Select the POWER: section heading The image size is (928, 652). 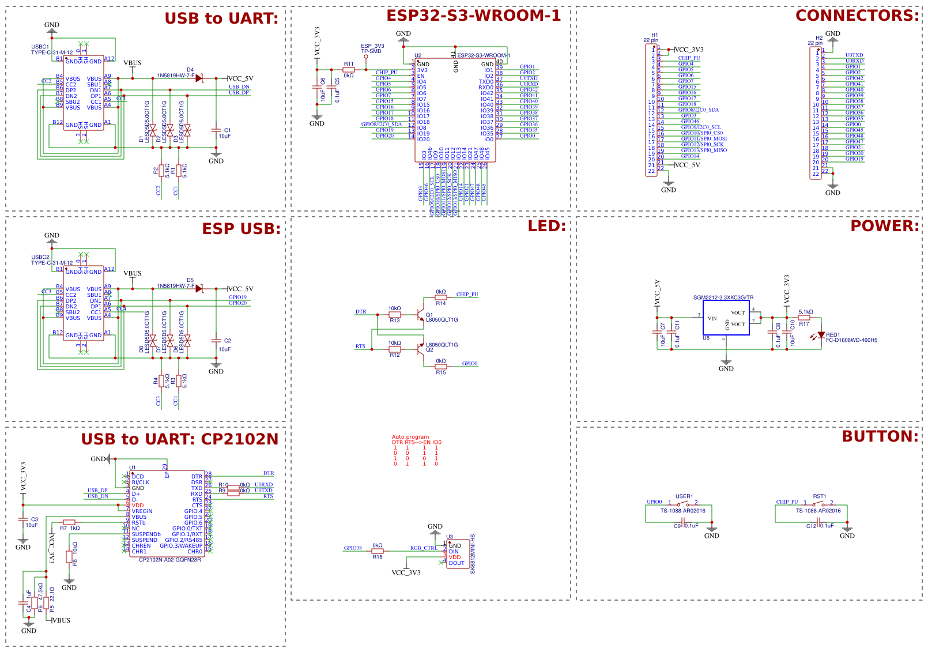pyautogui.click(x=884, y=226)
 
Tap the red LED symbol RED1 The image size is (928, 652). pyautogui.click(x=821, y=335)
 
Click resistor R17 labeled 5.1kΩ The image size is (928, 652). pyautogui.click(x=805, y=318)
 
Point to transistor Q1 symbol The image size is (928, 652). pyautogui.click(x=421, y=315)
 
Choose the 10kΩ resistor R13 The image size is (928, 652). pyautogui.click(x=394, y=315)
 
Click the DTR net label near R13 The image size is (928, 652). pyautogui.click(x=361, y=311)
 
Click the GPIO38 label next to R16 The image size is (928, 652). pyautogui.click(x=353, y=548)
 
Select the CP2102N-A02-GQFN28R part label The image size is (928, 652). pyautogui.click(x=170, y=560)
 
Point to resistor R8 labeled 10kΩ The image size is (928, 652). pyautogui.click(x=69, y=557)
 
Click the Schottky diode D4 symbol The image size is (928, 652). pyautogui.click(x=199, y=78)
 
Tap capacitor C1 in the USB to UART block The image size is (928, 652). pyautogui.click(x=216, y=131)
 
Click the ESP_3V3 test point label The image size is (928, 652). pyautogui.click(x=372, y=46)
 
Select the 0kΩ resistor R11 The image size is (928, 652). pyautogui.click(x=348, y=70)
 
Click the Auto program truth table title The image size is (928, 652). pyautogui.click(x=410, y=437)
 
